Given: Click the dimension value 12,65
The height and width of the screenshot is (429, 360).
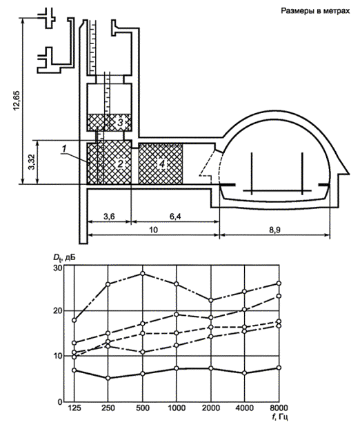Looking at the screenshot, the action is pyautogui.click(x=17, y=100).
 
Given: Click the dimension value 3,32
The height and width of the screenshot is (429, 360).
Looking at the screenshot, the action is pyautogui.click(x=32, y=162).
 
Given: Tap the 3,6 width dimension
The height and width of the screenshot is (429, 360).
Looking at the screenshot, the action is pyautogui.click(x=109, y=217).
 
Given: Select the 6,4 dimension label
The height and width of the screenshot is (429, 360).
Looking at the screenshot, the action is pyautogui.click(x=175, y=217).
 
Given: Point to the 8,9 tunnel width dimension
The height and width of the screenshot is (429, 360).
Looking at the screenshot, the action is pyautogui.click(x=274, y=230).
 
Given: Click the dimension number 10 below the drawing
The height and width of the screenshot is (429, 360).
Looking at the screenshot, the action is pyautogui.click(x=154, y=230).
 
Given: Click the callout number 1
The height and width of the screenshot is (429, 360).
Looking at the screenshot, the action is pyautogui.click(x=64, y=149).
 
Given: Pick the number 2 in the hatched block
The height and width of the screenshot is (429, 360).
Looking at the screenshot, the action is pyautogui.click(x=120, y=163).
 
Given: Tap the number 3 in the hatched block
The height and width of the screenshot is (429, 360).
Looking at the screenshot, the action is pyautogui.click(x=120, y=123).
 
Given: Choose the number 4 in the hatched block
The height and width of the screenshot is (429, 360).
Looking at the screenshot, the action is pyautogui.click(x=162, y=163).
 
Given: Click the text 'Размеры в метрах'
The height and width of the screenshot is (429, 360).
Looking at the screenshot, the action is pyautogui.click(x=315, y=11).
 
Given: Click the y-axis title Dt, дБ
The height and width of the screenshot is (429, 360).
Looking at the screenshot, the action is pyautogui.click(x=65, y=257).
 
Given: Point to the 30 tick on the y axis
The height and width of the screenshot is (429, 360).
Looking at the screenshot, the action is pyautogui.click(x=57, y=268).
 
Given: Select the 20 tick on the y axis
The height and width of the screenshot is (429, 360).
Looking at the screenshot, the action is pyautogui.click(x=57, y=311).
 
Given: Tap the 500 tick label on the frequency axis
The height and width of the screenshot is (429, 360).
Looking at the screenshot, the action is pyautogui.click(x=143, y=408).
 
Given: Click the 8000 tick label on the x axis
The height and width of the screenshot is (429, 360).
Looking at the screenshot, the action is pyautogui.click(x=279, y=408).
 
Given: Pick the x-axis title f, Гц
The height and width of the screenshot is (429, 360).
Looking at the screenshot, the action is pyautogui.click(x=281, y=418).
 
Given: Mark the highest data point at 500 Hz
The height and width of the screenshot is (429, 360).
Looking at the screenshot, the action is pyautogui.click(x=143, y=274).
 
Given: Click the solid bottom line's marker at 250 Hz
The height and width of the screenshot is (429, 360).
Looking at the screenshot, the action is pyautogui.click(x=108, y=378).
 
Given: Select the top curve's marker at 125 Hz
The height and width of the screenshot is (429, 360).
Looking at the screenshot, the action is pyautogui.click(x=74, y=320).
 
